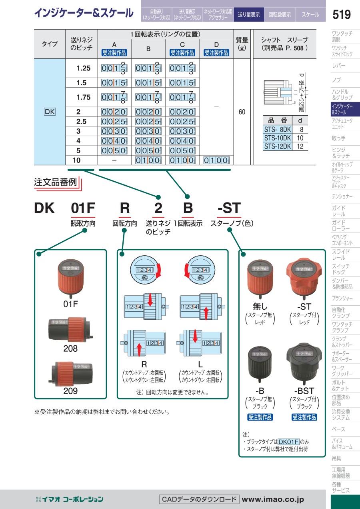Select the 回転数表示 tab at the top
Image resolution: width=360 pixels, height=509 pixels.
coord(280,15)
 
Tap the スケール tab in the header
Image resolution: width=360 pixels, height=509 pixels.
coord(310,15)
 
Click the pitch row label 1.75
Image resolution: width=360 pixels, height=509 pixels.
coord(84,97)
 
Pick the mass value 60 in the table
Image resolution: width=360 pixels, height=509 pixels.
coord(242,112)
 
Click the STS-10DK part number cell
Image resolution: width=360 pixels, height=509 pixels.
coord(278,138)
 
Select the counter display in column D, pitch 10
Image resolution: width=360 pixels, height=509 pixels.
coord(216,160)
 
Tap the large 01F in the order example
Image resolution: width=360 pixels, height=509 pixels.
coord(83,208)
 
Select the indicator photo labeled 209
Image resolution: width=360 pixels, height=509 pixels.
coord(70,373)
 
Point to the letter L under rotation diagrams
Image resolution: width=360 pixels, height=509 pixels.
coord(200,365)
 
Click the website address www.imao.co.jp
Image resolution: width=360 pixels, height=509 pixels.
coord(273,499)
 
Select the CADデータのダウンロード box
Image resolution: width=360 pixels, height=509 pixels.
coord(199,499)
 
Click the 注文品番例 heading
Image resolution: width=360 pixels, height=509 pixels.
coord(55,182)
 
